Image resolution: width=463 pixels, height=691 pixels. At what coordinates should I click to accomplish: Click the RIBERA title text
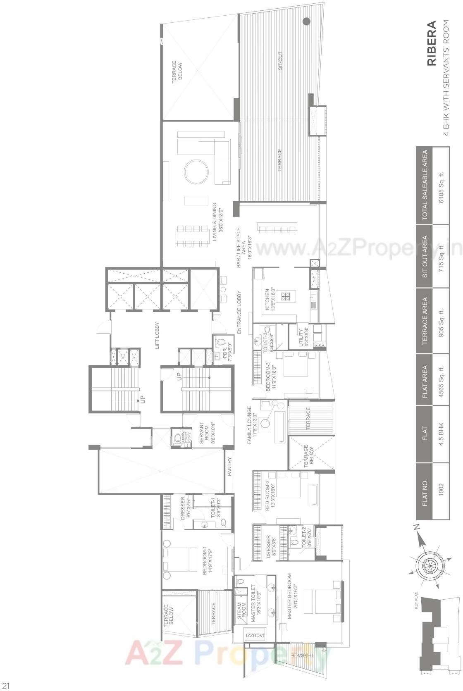tap(431, 43)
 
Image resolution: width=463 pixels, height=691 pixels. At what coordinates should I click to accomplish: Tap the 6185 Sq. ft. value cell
tap(441, 186)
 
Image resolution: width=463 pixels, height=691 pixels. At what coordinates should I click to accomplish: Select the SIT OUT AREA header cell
tap(425, 256)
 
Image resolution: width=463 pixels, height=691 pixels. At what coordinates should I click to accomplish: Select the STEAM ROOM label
tap(241, 613)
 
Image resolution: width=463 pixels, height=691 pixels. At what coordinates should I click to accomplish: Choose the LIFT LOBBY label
tap(157, 336)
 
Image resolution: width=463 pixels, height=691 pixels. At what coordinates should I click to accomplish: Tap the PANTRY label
tap(230, 466)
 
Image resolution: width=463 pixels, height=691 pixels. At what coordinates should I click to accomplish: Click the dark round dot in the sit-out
tap(306, 21)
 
